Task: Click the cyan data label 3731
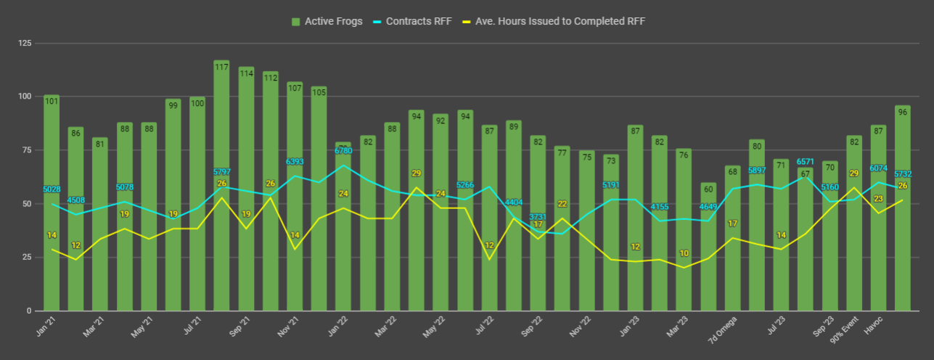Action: [x=538, y=217]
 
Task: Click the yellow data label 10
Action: [x=684, y=254]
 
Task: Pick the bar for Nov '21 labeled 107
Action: [x=295, y=196]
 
